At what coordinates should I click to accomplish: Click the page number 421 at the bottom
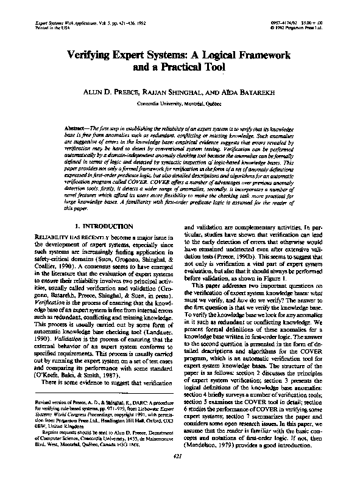point(180,456)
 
